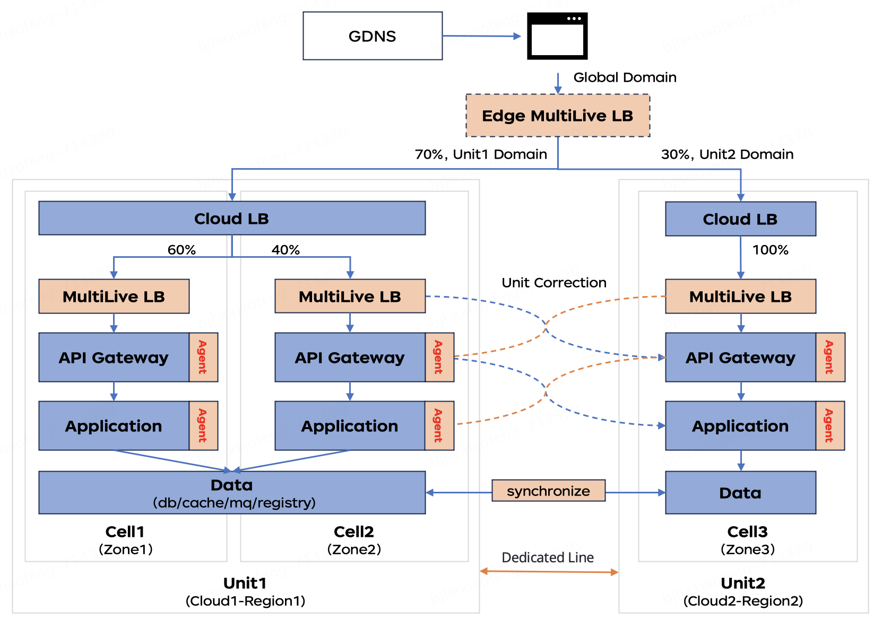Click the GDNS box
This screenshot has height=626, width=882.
(373, 36)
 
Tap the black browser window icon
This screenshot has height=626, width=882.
(557, 36)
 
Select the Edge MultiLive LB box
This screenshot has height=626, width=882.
(558, 116)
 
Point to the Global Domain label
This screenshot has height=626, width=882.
(625, 77)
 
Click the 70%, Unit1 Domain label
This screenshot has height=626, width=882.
(481, 154)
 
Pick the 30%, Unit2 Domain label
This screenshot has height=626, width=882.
(727, 154)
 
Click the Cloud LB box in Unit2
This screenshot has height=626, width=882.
(740, 219)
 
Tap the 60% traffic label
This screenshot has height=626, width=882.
(181, 250)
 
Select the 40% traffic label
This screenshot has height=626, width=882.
(286, 250)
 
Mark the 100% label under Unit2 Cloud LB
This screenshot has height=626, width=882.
(770, 250)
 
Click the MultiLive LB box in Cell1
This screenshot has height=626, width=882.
(114, 297)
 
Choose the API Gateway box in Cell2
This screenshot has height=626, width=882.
(350, 358)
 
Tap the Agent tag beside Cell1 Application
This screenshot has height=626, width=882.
(203, 425)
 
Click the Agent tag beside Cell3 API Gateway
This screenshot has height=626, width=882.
(830, 358)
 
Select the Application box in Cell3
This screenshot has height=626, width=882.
(740, 426)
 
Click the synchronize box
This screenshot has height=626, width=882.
(548, 491)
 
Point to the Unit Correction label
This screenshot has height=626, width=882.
(554, 283)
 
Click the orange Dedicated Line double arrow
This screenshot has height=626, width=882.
(549, 571)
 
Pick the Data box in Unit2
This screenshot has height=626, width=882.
(740, 493)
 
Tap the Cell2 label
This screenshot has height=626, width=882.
(354, 532)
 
